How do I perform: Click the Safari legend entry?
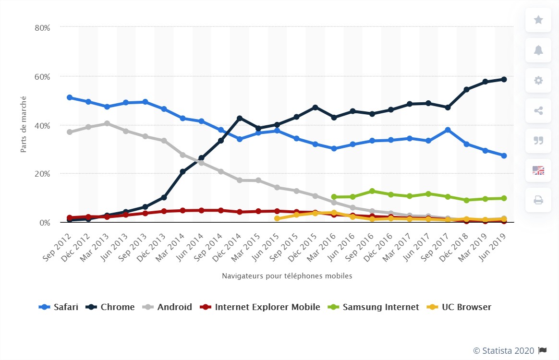59,307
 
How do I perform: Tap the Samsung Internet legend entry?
374,307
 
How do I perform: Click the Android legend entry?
168,307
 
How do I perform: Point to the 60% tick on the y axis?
42,77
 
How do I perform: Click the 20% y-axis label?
42,174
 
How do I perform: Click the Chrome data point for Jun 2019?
504,79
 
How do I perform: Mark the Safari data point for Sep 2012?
70,97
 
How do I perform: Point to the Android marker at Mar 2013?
107,123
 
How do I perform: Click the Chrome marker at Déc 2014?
240,118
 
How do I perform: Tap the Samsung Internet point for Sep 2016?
372,191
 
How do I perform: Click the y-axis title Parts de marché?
24,125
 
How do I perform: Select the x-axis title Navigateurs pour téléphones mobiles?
287,276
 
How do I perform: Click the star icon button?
538,20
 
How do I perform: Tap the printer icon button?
538,200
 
